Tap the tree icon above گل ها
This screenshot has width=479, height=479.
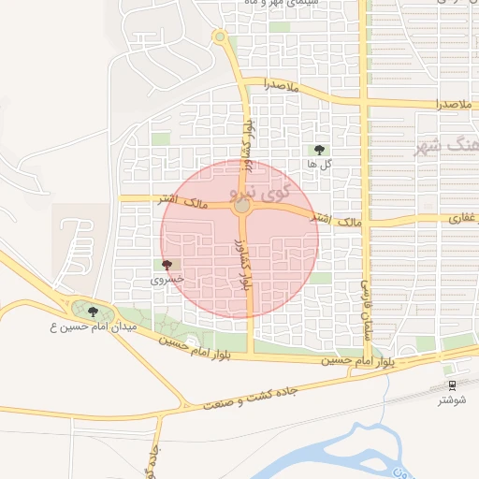(x=319, y=149)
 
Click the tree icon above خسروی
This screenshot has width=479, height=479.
(x=167, y=266)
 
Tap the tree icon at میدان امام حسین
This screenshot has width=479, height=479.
(x=92, y=310)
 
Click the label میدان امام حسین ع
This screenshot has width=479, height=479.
(x=94, y=327)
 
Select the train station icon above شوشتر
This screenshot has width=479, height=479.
(x=452, y=385)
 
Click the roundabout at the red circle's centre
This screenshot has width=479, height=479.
(x=241, y=206)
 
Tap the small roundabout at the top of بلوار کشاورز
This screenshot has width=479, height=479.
(x=221, y=37)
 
